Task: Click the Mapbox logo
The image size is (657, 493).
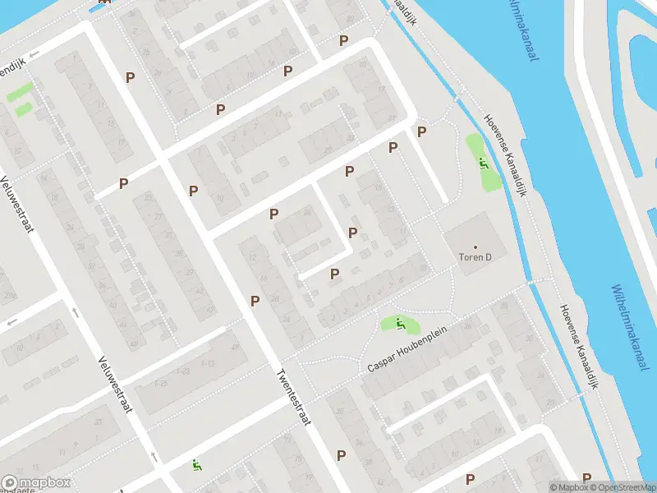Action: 36,483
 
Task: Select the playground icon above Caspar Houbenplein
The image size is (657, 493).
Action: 399,325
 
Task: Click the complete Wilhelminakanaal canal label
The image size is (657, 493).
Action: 627,327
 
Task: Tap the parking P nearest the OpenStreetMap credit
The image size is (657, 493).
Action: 586,477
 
